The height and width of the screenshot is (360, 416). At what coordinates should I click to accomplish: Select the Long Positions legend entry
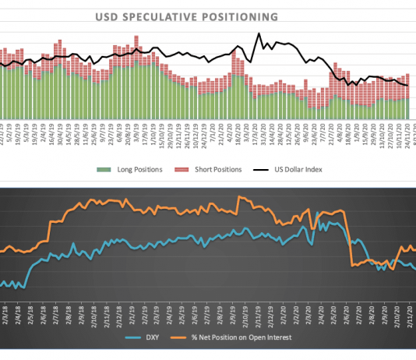(x=134, y=168)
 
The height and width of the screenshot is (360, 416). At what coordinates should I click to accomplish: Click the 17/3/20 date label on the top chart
(x=256, y=130)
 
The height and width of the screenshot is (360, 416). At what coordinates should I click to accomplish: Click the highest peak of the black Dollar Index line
(x=259, y=34)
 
